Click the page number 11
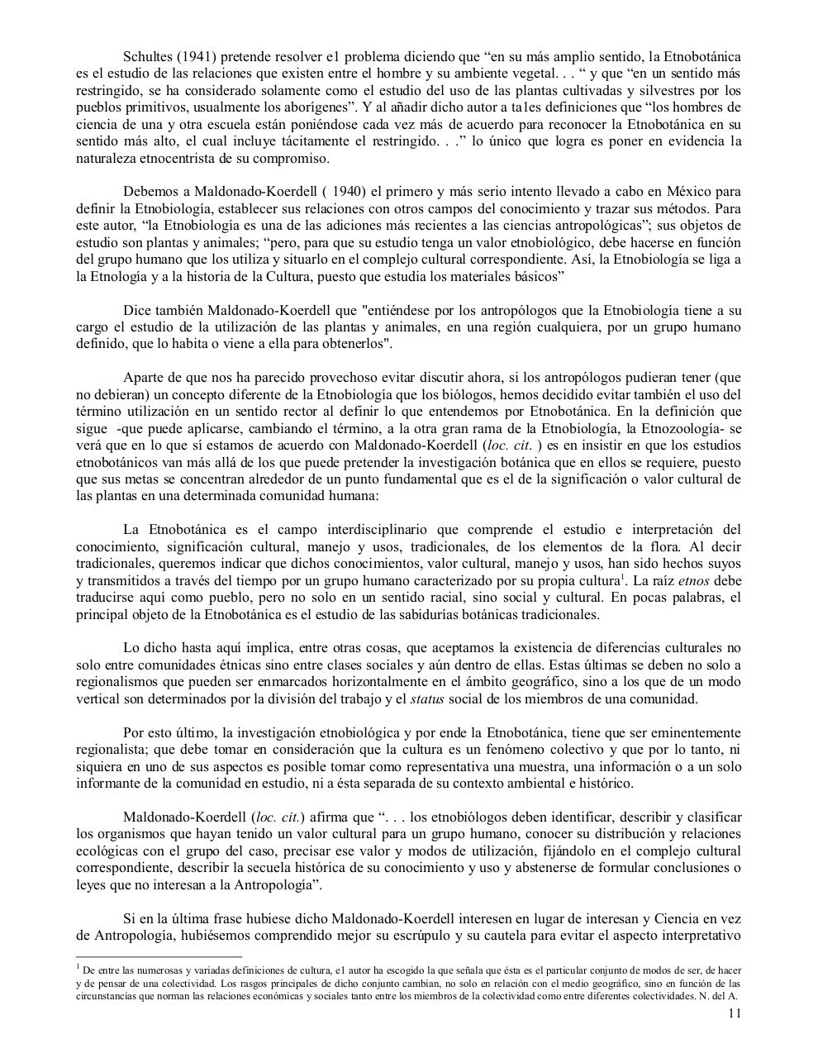point(735,1014)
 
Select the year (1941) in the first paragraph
point(196,57)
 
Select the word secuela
point(261,868)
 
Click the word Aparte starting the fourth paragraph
point(144,378)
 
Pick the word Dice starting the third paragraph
point(137,310)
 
